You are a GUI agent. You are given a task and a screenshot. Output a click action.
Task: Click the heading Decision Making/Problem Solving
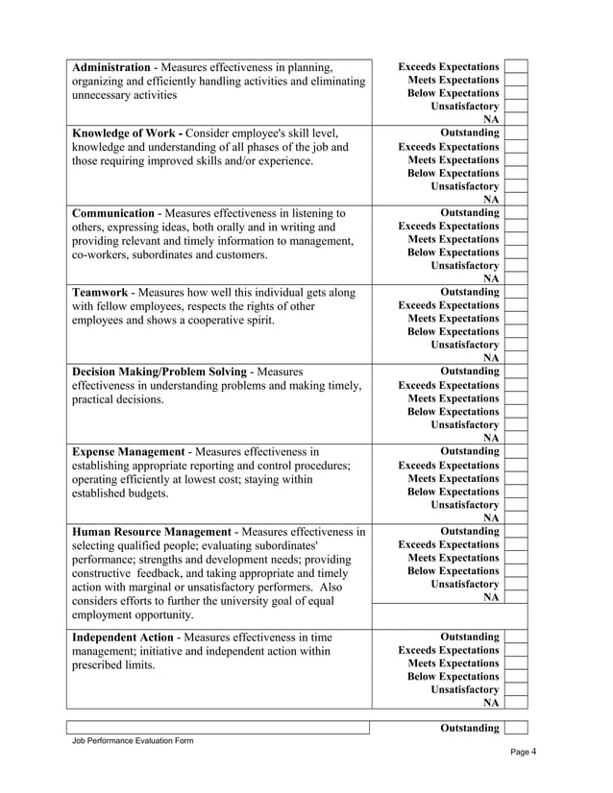(158, 371)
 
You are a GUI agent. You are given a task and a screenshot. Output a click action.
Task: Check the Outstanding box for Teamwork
(516, 292)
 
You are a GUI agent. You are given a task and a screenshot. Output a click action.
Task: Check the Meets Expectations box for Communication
(516, 239)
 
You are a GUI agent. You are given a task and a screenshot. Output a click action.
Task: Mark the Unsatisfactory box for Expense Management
(516, 504)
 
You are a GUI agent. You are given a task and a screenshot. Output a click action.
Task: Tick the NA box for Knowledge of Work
(516, 199)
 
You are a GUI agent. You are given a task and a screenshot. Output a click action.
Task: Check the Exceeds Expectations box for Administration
(516, 66)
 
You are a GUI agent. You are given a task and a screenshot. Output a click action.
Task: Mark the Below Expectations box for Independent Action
(516, 676)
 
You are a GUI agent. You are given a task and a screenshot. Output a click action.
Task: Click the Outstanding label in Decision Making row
(469, 371)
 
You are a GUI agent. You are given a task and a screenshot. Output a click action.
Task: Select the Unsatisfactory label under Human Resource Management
(465, 583)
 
